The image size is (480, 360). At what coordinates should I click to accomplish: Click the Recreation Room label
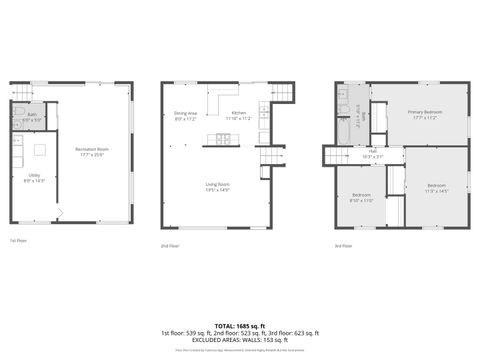(x=92, y=151)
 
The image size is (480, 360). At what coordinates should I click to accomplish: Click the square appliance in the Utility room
(x=40, y=151)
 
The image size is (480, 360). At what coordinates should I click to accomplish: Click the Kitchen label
(x=238, y=115)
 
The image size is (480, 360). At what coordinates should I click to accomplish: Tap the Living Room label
(x=218, y=186)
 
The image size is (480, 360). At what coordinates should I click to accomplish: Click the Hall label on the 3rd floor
(x=372, y=155)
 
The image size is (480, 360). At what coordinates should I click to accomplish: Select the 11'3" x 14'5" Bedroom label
(x=436, y=188)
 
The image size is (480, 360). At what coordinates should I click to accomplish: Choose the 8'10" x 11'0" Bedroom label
(x=361, y=197)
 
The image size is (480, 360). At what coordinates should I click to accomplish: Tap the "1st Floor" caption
(x=18, y=241)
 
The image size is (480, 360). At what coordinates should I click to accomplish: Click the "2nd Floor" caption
(x=170, y=245)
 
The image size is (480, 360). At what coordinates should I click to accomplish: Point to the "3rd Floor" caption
(x=343, y=245)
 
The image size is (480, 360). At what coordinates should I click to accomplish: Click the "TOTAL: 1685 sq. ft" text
(x=239, y=326)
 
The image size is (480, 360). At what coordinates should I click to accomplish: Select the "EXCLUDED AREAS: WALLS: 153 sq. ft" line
(x=239, y=340)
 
